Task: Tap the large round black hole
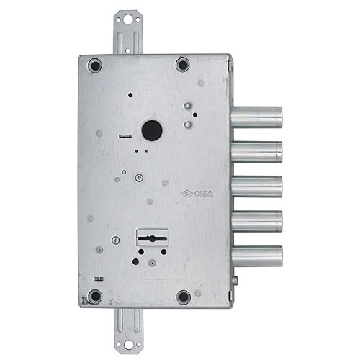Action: pyautogui.click(x=151, y=130)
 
